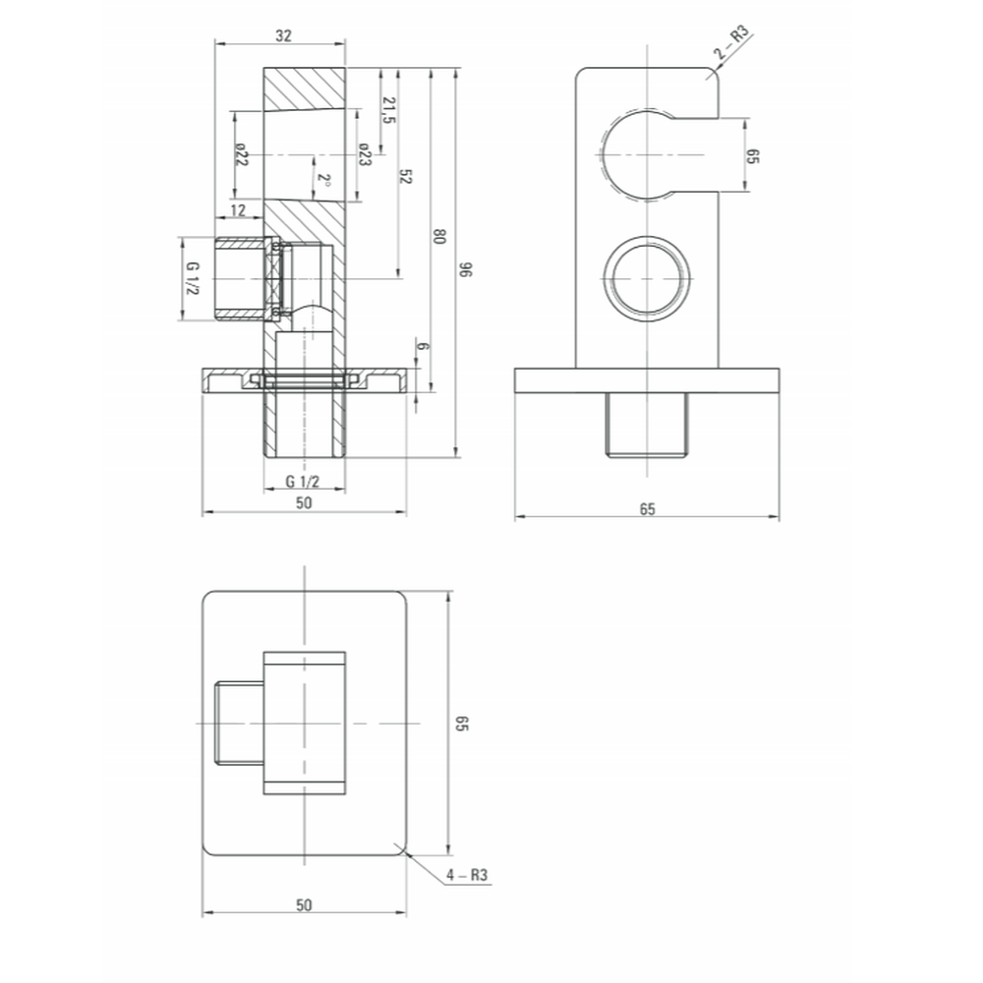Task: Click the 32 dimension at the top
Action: coord(283,35)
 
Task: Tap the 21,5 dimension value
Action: coord(388,110)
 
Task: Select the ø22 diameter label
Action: coord(242,154)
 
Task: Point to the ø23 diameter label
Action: coord(365,154)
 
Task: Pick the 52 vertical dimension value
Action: coord(405,176)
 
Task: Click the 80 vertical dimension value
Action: coord(439,236)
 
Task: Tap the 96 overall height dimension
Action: coord(465,270)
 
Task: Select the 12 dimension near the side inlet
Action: coord(238,210)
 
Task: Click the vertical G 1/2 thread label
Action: coord(193,278)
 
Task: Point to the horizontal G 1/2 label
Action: coord(303,482)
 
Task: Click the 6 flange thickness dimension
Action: coord(423,346)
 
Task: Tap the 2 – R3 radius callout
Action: coord(732,42)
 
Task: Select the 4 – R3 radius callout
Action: coord(467,875)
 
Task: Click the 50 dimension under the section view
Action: coord(304,502)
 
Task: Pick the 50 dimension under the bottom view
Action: coord(304,905)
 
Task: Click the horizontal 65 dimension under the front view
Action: coord(647,509)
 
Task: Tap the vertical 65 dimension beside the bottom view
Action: coord(462,723)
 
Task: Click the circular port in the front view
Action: coord(647,278)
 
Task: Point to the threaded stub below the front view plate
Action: coord(647,425)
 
